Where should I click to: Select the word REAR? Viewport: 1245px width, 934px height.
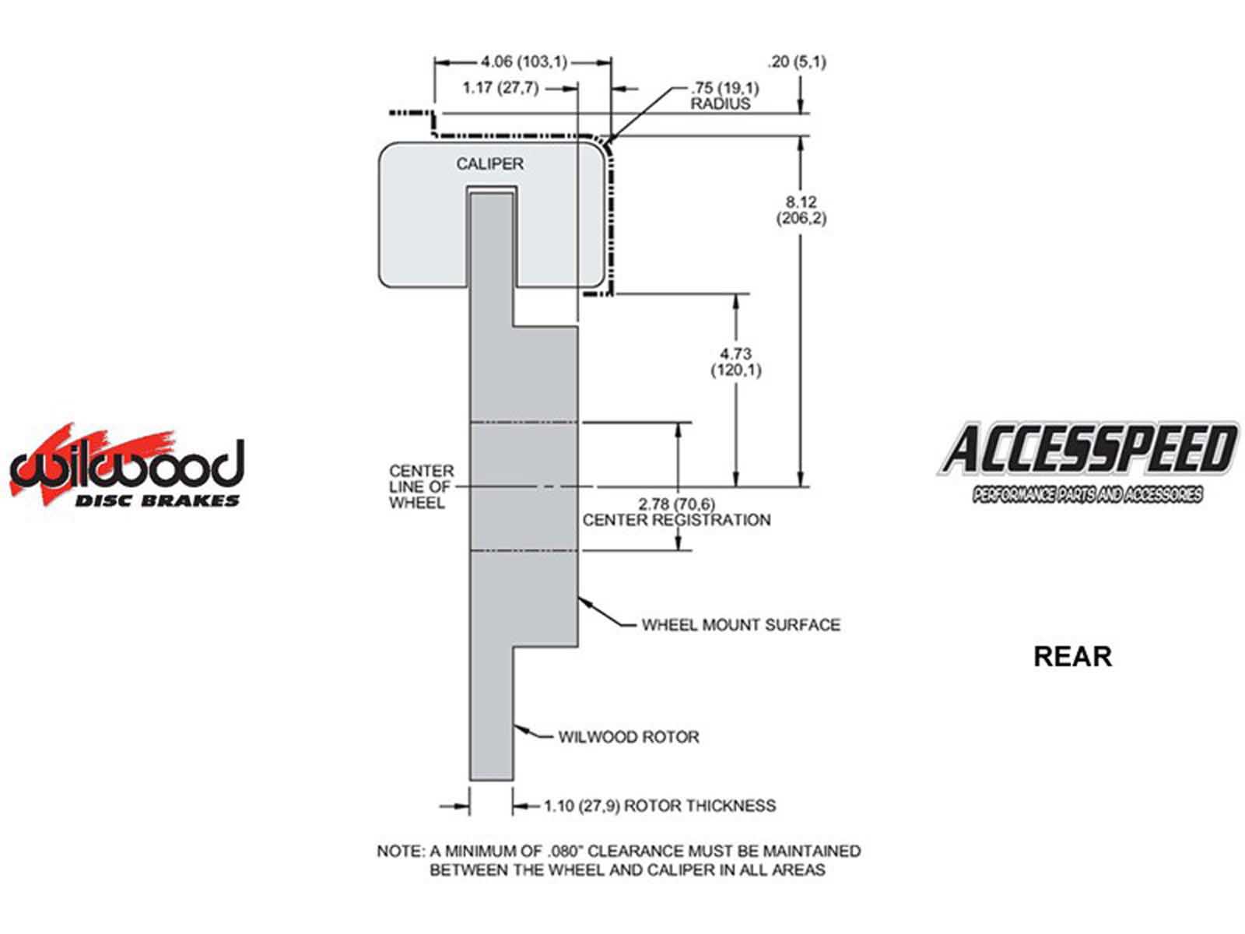click(1072, 656)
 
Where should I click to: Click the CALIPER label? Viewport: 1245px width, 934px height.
click(489, 164)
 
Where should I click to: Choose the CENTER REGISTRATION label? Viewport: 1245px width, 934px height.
click(676, 520)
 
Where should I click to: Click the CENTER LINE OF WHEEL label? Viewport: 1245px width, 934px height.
click(421, 486)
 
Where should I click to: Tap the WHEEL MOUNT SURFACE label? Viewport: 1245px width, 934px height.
click(741, 624)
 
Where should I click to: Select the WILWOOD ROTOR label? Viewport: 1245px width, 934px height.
click(628, 736)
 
